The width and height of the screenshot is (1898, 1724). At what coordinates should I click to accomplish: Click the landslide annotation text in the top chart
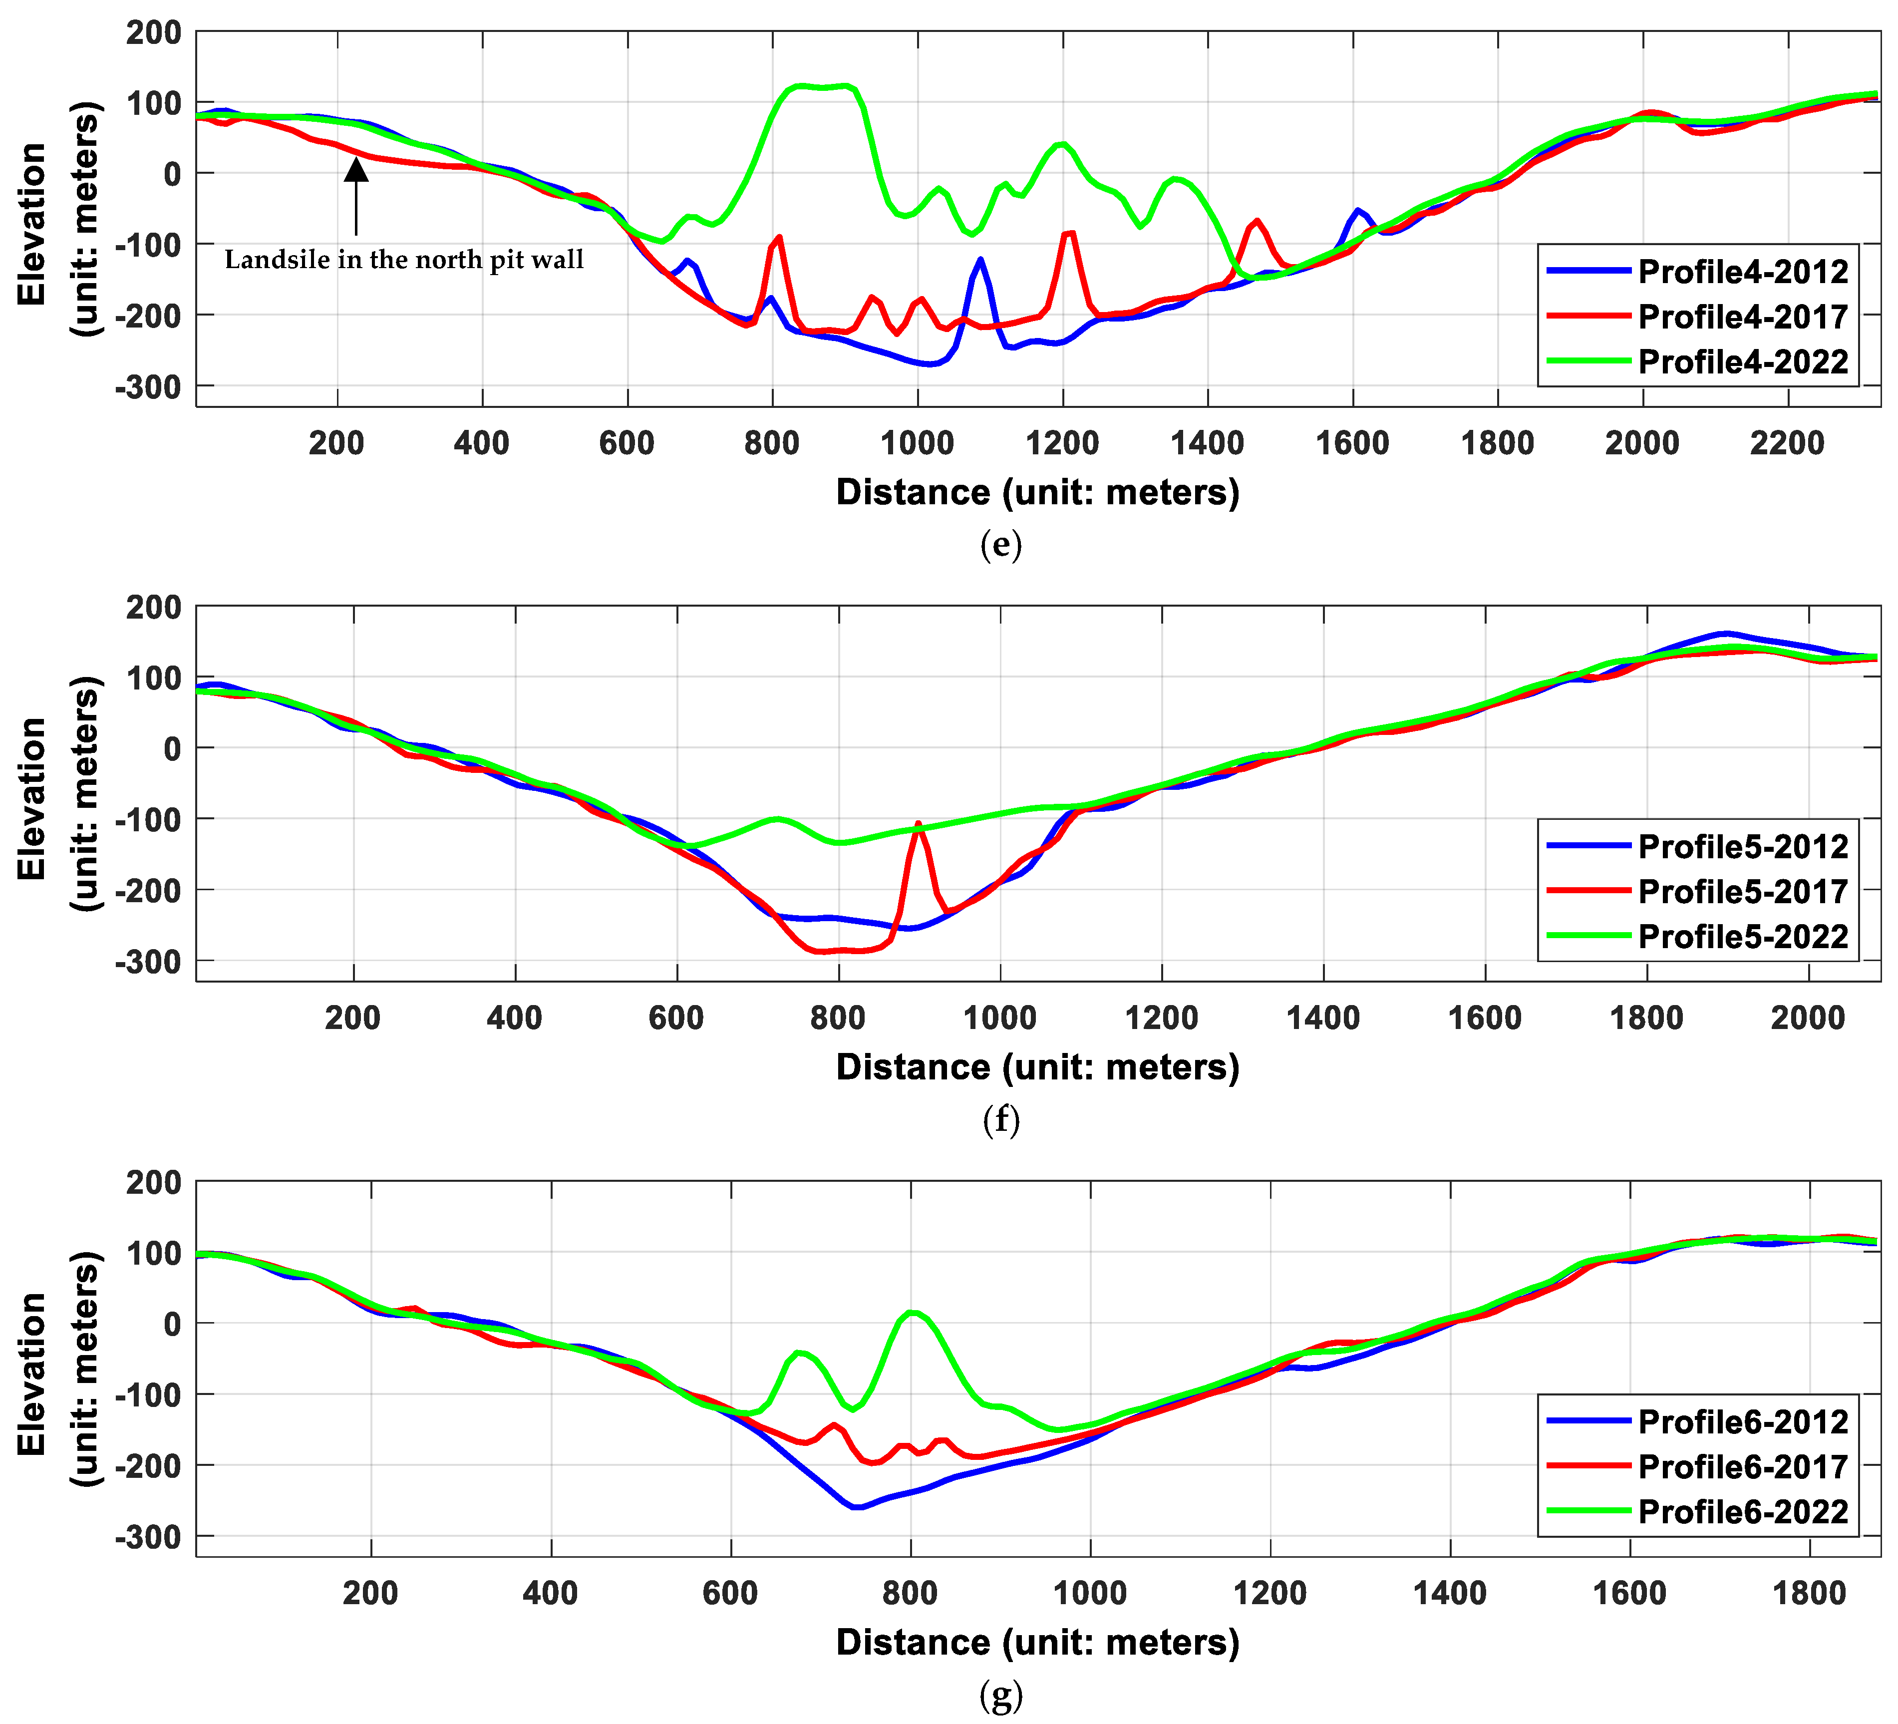[404, 260]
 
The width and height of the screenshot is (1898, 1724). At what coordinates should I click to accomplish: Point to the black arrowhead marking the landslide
[356, 169]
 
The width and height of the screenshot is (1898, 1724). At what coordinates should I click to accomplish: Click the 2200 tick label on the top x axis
[1786, 442]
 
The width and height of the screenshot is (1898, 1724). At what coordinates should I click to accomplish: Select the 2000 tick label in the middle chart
[1808, 1018]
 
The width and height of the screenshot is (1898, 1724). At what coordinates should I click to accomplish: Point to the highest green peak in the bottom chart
[912, 1313]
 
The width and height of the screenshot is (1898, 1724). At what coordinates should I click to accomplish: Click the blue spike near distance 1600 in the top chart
[1357, 211]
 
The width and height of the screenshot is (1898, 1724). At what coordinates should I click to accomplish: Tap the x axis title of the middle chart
[1037, 1067]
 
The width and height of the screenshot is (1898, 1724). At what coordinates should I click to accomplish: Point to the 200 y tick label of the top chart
[153, 33]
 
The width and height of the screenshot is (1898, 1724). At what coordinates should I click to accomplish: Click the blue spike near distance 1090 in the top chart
[980, 259]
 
